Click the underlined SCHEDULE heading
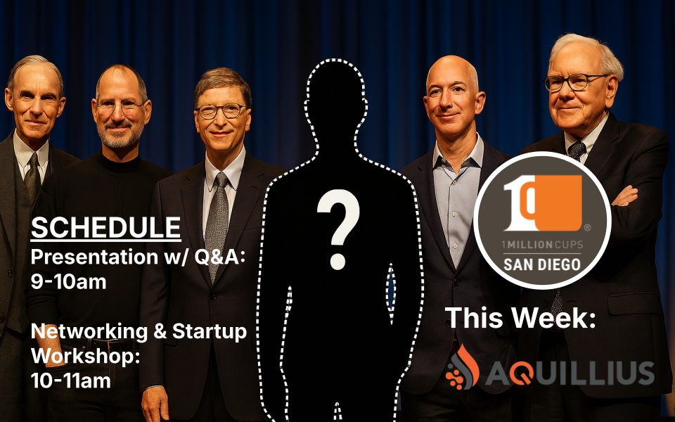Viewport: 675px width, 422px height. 106,227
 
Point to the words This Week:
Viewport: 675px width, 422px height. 520,319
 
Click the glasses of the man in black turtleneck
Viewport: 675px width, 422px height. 122,107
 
